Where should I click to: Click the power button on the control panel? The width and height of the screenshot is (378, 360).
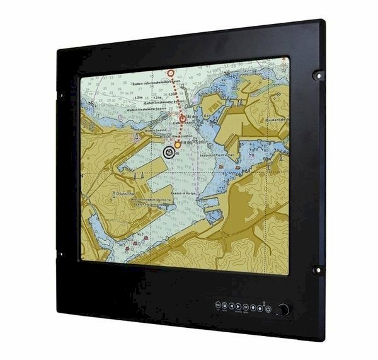point(268,308)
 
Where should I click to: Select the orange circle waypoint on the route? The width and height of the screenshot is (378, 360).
point(178,144)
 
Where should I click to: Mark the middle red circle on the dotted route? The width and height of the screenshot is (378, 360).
point(183,118)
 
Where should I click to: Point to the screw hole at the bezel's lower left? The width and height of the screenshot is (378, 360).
point(62,255)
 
